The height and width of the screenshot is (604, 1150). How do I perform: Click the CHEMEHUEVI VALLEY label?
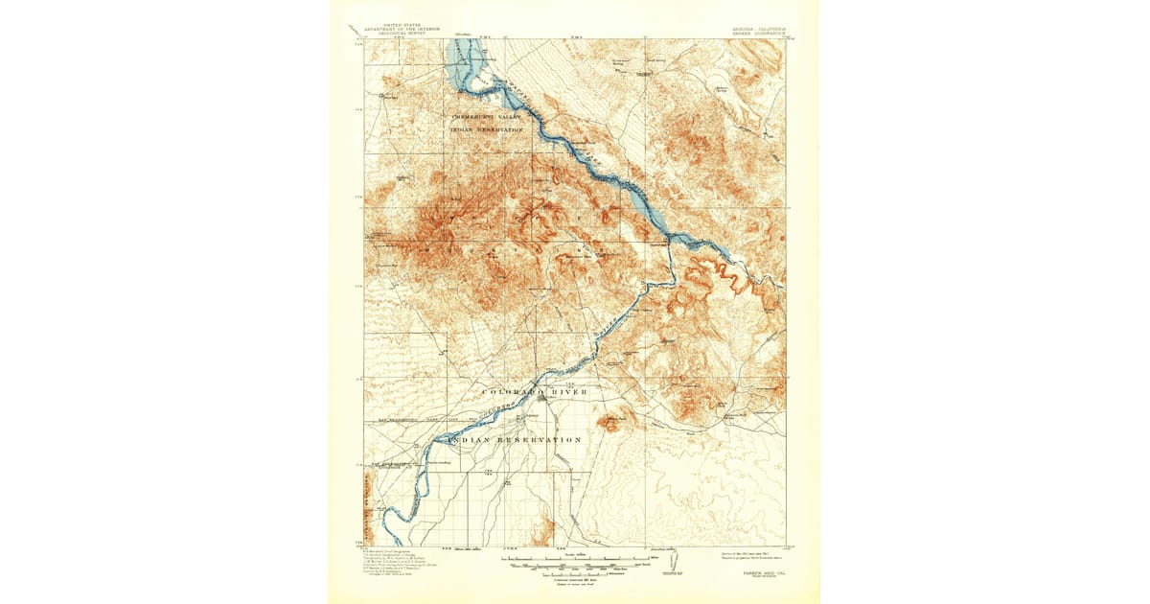click(490, 117)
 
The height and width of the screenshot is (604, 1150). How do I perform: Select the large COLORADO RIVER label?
click(534, 393)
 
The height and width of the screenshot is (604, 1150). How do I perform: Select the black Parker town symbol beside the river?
click(543, 398)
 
